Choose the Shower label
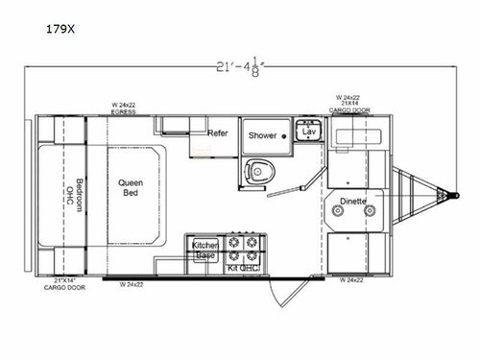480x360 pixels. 263,136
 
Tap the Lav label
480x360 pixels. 308,131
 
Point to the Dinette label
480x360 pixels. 354,201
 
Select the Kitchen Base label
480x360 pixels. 204,251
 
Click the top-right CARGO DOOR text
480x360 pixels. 354,110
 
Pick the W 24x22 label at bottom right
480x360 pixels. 354,282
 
